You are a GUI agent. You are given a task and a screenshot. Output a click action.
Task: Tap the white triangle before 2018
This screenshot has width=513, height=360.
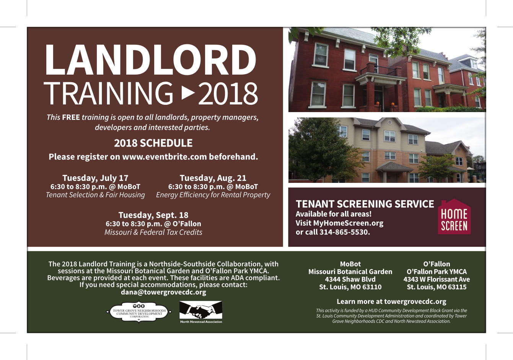188,93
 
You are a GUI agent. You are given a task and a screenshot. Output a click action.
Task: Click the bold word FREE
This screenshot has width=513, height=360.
71,117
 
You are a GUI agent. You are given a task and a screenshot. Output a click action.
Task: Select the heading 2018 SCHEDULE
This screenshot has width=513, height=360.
153,143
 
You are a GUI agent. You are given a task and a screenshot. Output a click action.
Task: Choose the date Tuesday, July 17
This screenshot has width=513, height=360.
95,178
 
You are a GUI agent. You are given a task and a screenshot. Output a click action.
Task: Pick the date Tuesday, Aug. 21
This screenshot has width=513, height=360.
213,178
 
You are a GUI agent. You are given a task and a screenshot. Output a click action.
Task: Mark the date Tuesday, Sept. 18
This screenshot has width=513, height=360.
153,215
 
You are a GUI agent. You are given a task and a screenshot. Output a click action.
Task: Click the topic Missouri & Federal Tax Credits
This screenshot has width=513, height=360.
153,232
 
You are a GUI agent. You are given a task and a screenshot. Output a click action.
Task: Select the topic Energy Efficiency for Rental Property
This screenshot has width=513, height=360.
213,195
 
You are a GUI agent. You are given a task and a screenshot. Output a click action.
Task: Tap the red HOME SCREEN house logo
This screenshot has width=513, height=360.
454,217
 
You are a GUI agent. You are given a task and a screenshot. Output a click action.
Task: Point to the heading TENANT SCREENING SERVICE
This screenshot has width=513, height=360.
365,204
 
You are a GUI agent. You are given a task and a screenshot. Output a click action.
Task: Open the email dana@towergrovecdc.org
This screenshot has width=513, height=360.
163,292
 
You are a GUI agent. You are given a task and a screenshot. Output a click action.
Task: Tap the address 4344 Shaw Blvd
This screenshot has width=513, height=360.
350,279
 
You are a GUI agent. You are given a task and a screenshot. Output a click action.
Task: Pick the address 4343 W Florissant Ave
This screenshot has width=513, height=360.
436,279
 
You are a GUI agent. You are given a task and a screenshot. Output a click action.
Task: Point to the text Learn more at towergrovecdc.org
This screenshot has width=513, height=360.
391,301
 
